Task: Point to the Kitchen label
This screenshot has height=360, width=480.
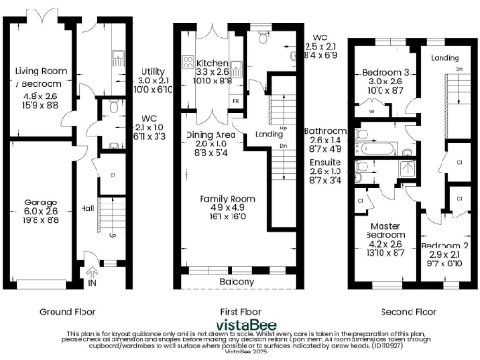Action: [212, 62]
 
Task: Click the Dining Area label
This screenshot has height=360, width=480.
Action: [210, 136]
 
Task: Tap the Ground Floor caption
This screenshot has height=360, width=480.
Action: [65, 311]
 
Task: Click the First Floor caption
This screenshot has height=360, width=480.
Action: [238, 311]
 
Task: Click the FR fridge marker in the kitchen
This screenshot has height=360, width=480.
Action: [234, 98]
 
